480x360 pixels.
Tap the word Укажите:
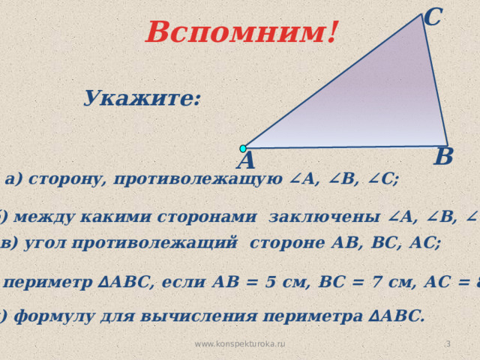[142, 98]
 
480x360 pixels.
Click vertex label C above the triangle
[432, 16]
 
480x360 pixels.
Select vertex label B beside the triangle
[443, 157]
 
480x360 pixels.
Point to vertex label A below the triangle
[245, 161]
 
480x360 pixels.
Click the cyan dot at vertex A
[243, 148]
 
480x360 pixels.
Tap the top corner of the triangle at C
[423, 15]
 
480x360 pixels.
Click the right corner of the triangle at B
[447, 145]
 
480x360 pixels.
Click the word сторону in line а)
[71, 179]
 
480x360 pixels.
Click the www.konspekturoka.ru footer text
[240, 343]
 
